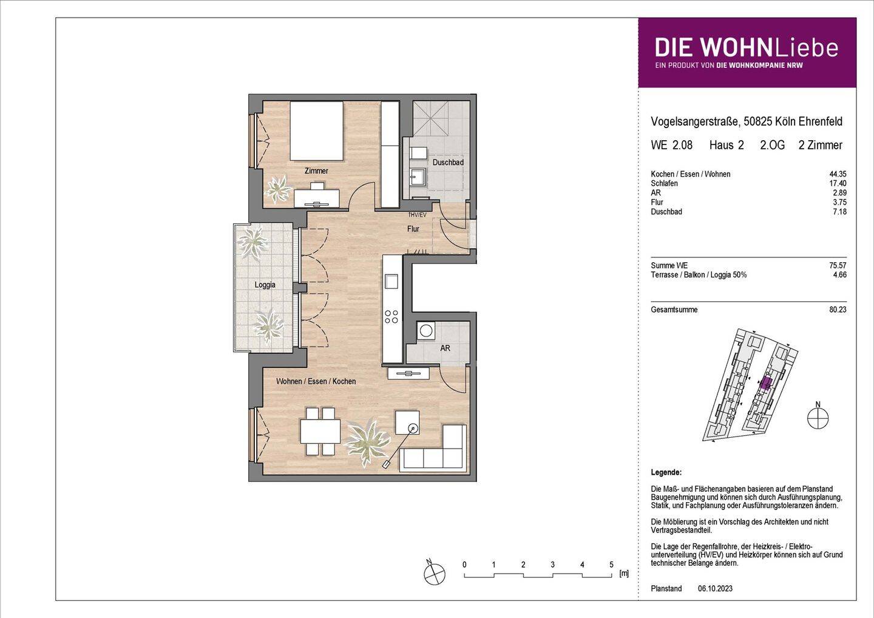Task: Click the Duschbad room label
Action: (x=448, y=163)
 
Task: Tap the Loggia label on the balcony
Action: (x=265, y=285)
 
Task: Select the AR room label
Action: (x=445, y=348)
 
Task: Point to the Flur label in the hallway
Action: (x=413, y=229)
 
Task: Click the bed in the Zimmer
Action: (x=316, y=130)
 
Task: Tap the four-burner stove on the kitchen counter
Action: (x=391, y=316)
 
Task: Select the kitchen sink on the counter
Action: (x=391, y=281)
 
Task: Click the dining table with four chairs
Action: (x=320, y=432)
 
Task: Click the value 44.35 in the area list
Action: (x=838, y=174)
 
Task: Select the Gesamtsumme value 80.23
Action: (x=838, y=310)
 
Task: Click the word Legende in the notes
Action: (x=666, y=472)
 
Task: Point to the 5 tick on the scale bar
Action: (x=611, y=565)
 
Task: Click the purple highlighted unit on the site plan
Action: (x=766, y=383)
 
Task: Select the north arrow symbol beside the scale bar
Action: (x=435, y=573)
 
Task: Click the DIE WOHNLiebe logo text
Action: (x=746, y=48)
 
